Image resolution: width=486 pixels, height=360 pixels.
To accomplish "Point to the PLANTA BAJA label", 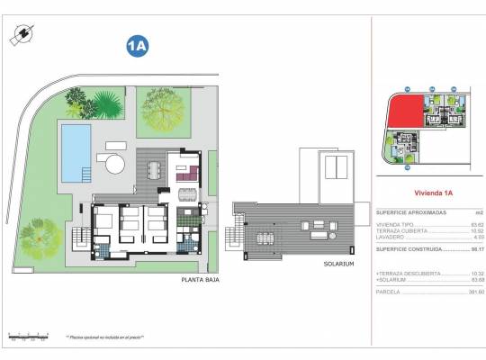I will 200,280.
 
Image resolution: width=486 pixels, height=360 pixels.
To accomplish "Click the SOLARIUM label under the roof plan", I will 340,265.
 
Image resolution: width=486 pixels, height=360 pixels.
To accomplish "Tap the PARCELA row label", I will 389,291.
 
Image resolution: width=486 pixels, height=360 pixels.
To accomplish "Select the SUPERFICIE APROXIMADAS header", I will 408,211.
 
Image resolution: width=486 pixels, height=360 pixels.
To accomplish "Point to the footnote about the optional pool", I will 104,337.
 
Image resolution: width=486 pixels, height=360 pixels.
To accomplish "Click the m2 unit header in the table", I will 465,211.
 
